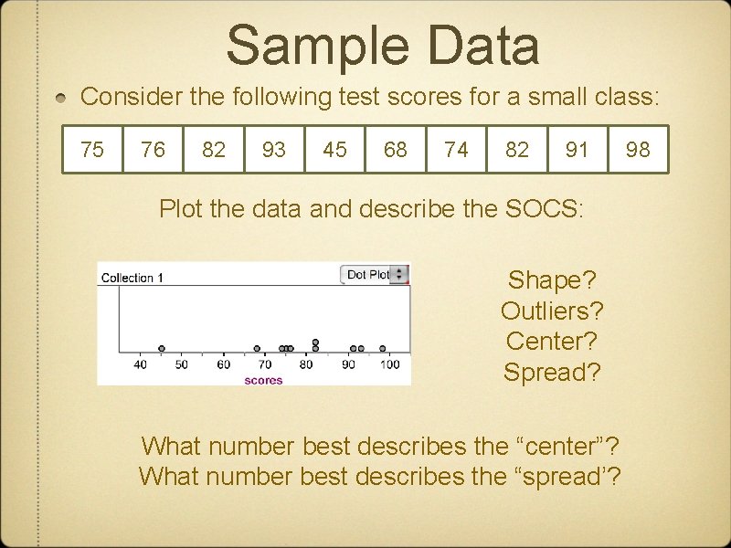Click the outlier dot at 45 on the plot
(x=162, y=348)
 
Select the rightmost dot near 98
(x=383, y=348)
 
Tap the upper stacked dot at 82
(x=315, y=342)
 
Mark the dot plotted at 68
(x=257, y=348)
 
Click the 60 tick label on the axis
(x=224, y=365)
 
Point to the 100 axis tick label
(x=389, y=365)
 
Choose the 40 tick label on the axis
(x=141, y=365)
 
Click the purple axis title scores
(x=263, y=380)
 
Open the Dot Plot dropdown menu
(x=375, y=274)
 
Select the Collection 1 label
(x=132, y=278)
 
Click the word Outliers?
(x=552, y=311)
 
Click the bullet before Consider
(x=61, y=98)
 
